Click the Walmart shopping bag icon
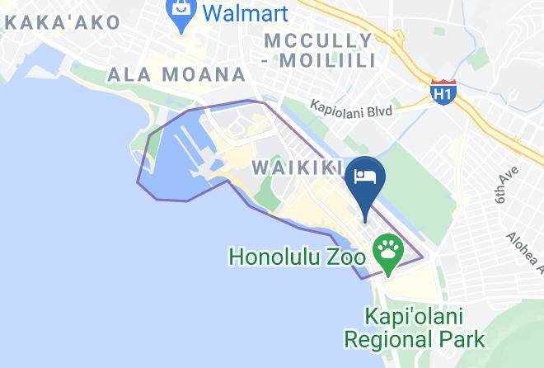pyautogui.click(x=179, y=12)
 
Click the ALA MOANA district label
pyautogui.click(x=176, y=75)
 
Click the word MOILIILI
pyautogui.click(x=331, y=60)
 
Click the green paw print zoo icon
pyautogui.click(x=387, y=247)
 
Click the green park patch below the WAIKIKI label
pyautogui.click(x=265, y=192)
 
